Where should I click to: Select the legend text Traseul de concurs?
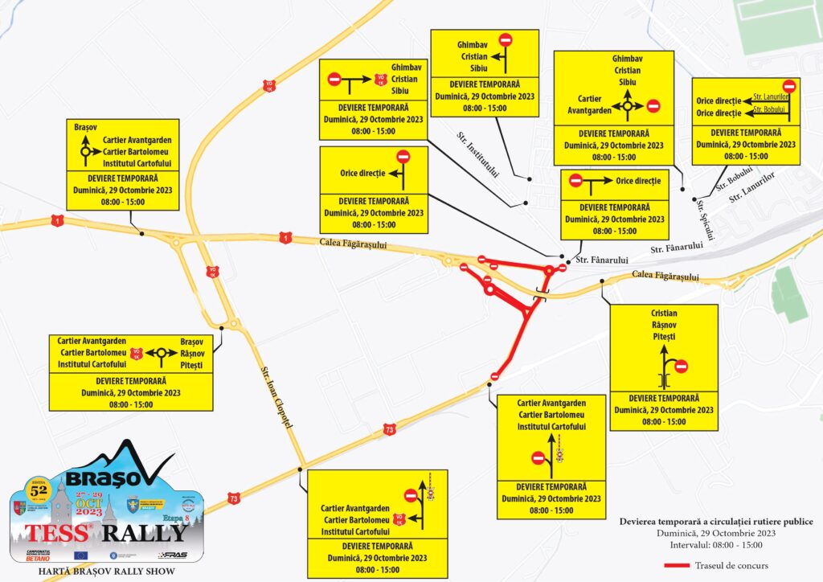732,566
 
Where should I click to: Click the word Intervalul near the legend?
695,546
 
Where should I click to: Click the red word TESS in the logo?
56,532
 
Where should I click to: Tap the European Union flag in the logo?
80,555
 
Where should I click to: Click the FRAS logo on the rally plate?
173,555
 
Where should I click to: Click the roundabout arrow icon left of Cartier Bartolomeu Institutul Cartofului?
84,149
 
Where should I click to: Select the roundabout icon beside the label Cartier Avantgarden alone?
627,105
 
